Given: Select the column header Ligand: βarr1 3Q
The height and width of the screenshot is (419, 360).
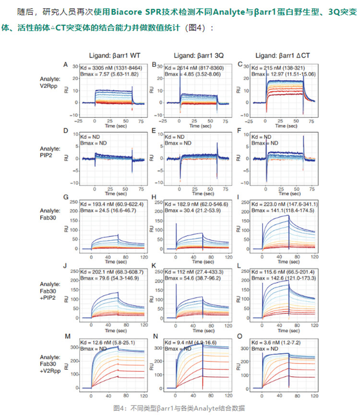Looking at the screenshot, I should [196, 55].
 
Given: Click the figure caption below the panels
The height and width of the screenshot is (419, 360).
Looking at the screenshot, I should [179, 408].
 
